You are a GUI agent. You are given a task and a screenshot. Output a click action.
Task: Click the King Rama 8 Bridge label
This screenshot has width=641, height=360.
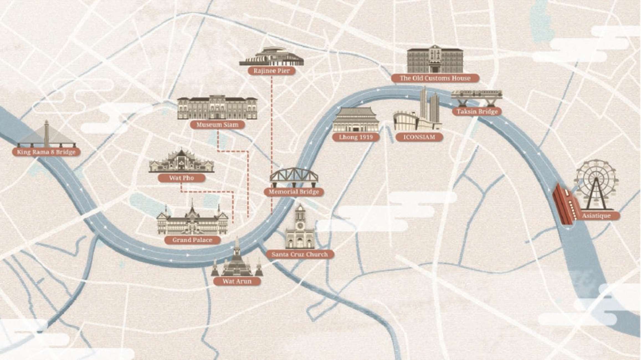[x=46, y=152]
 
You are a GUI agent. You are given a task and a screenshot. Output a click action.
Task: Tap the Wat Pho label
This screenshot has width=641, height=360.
[x=181, y=178]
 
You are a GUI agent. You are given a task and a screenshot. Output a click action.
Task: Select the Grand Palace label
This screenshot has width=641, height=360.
[x=192, y=240]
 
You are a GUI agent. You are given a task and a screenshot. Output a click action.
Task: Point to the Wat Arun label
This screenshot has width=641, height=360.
[x=237, y=281]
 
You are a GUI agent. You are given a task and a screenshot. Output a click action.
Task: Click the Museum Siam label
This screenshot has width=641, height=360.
[x=217, y=125]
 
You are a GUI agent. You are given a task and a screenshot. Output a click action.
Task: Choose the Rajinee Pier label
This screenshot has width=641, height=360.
[x=271, y=71]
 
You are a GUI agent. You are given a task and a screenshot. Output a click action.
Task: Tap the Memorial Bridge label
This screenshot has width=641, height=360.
[x=294, y=192]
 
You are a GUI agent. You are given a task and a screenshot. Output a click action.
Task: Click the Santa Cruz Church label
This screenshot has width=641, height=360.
[x=300, y=254]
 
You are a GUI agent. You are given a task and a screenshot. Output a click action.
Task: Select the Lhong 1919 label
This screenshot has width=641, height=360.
[x=356, y=137]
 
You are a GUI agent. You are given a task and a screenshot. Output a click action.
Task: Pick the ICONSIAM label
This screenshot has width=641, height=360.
[x=419, y=137]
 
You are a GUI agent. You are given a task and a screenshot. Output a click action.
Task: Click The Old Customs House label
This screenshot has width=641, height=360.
[x=435, y=78]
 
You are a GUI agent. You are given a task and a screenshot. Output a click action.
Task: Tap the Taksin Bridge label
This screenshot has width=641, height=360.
[x=477, y=112]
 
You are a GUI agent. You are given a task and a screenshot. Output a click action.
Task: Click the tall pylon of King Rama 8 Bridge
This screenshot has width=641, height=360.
[x=47, y=133]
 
